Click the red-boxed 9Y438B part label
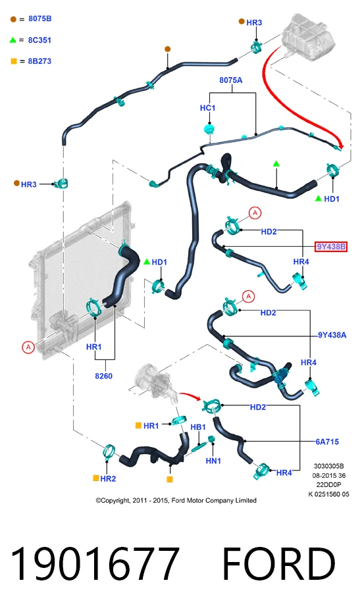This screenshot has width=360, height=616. point(331,247)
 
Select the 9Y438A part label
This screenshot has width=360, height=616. point(332,335)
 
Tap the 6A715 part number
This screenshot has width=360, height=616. point(327,442)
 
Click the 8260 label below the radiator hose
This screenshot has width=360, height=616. point(104,376)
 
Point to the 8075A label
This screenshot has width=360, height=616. point(231,80)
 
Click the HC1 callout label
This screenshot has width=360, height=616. point(208,108)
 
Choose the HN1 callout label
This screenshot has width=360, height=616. point(213,461)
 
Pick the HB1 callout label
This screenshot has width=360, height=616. point(198,427)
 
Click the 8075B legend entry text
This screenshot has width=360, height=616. point(39,18)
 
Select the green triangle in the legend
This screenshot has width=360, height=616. point(13,39)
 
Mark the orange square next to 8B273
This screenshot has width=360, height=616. point(14,61)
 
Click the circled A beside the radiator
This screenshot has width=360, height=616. point(28,347)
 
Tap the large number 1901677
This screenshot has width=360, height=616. point(95,564)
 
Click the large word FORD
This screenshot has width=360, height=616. point(278,564)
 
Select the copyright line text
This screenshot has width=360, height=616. point(176,500)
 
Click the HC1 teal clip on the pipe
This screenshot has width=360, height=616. point(209,130)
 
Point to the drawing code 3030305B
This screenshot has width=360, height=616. point(328,467)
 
